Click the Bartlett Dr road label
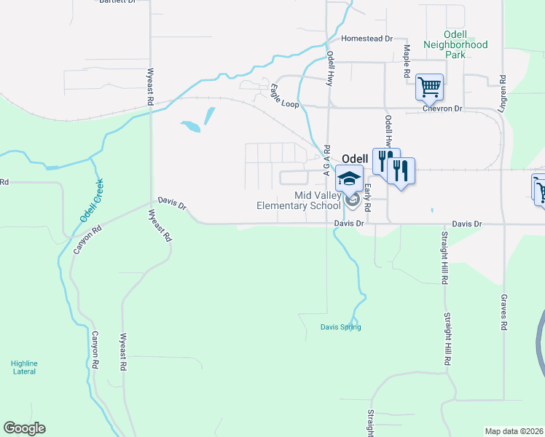point(117,2)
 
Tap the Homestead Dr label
point(367,39)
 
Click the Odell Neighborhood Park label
point(465,44)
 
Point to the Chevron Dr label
point(442,109)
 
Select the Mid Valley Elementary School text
point(299,200)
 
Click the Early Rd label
point(369,194)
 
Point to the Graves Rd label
point(503,312)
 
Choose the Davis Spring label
point(340,327)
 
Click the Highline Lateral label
point(24,367)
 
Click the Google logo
point(24,428)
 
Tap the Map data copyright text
point(514,431)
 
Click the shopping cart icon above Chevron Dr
point(429,88)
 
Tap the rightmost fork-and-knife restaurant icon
point(401,171)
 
